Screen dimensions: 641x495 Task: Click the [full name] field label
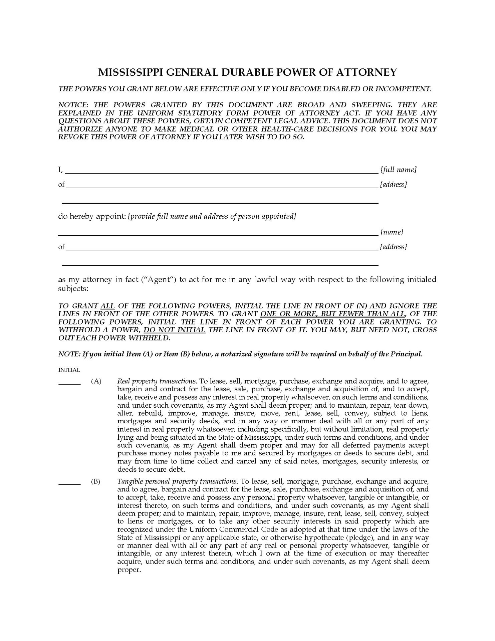pyautogui.click(x=399, y=170)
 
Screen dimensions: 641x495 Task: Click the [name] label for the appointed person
pyautogui.click(x=392, y=232)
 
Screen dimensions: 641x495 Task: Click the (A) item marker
pyautogui.click(x=96, y=381)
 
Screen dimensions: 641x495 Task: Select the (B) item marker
pyautogui.click(x=96, y=481)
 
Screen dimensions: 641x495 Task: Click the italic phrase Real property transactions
pyautogui.click(x=157, y=381)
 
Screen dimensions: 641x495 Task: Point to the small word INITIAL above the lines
pyautogui.click(x=69, y=370)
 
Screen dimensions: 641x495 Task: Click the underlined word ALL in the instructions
pyautogui.click(x=108, y=306)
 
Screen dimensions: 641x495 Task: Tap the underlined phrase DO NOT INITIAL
pyautogui.click(x=174, y=330)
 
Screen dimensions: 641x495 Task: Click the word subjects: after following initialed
pyautogui.click(x=73, y=288)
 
